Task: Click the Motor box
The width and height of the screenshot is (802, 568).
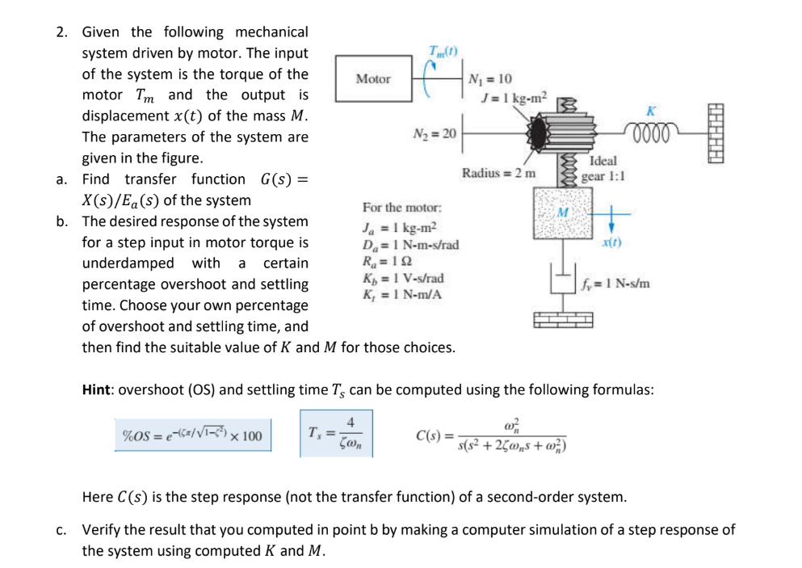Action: point(373,79)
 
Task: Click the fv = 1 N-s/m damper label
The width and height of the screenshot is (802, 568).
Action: point(615,284)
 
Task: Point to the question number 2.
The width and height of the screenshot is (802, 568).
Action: point(61,32)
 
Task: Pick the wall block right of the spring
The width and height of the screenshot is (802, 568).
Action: point(720,136)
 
